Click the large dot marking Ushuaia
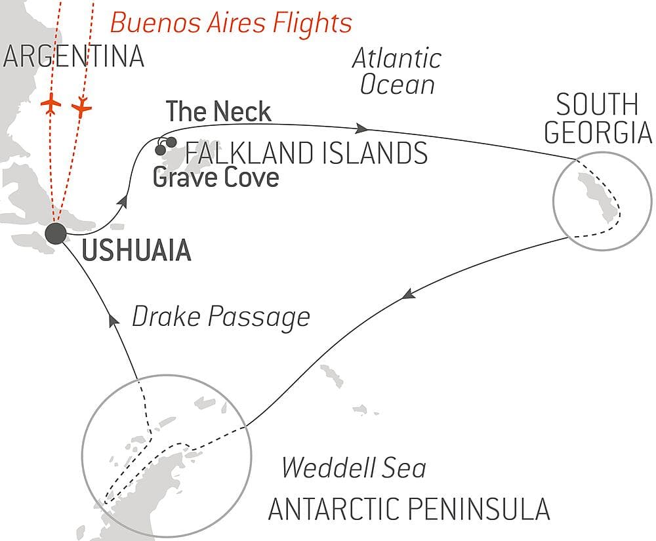click(x=56, y=233)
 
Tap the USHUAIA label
click(x=137, y=251)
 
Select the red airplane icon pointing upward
click(x=51, y=105)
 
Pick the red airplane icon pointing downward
click(x=81, y=106)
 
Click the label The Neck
click(x=218, y=112)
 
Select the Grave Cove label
click(x=216, y=177)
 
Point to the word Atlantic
click(x=397, y=59)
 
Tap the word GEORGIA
click(x=598, y=133)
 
